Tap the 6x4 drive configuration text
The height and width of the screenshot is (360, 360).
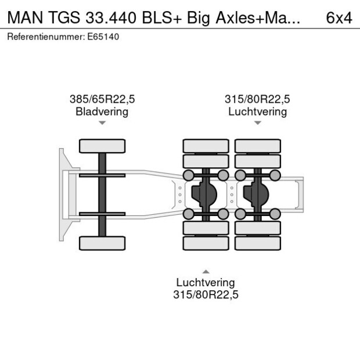point(339,17)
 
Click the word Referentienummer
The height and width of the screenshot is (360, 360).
point(45,37)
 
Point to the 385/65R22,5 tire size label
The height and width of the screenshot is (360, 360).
point(102,99)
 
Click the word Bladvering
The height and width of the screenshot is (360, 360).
point(102,111)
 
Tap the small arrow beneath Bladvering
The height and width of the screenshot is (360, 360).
point(102,123)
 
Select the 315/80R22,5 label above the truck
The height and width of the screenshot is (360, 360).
point(257,99)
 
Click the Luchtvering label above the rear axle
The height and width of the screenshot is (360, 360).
point(257,111)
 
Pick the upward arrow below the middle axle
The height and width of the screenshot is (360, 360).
point(206,271)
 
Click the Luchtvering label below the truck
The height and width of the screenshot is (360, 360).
point(206,282)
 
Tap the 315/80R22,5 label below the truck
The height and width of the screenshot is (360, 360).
point(206,294)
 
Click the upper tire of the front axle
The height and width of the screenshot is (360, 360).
point(102,146)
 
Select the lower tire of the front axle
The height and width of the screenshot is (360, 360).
point(102,243)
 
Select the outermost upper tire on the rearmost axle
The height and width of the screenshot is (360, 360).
point(257,146)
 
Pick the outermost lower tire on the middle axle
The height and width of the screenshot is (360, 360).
point(206,243)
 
